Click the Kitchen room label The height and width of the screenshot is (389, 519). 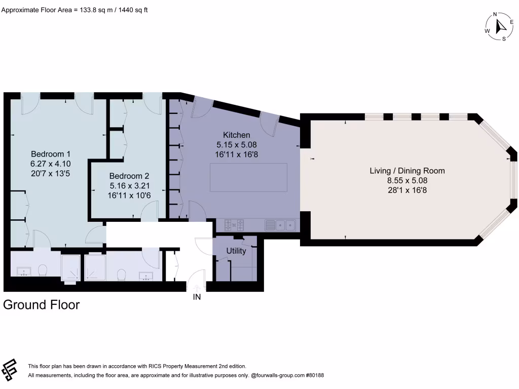pos(237,135)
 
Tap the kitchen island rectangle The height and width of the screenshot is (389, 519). pos(249,177)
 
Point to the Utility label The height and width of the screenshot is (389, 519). pos(236,251)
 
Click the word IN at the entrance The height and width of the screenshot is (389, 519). pos(197,297)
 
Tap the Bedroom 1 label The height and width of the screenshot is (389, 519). pos(51,154)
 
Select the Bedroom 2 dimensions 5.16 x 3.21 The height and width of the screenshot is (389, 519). pos(129,185)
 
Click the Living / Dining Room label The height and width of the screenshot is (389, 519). pos(407,171)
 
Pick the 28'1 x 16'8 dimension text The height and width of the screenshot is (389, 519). pos(407,190)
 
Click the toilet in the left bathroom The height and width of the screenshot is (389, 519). pos(43,269)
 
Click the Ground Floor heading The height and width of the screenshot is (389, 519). pos(42,305)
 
